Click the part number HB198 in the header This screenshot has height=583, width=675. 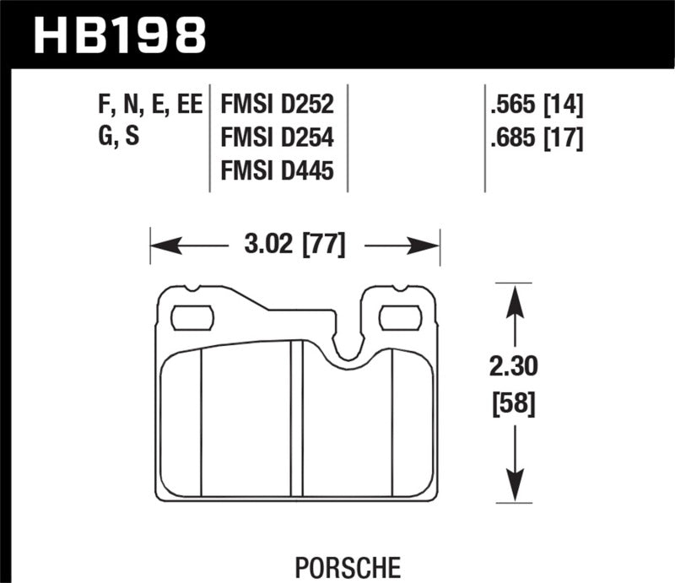click(118, 35)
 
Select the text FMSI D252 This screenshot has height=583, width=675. click(278, 105)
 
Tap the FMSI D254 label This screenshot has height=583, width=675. click(278, 138)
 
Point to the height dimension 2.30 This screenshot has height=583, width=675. click(511, 367)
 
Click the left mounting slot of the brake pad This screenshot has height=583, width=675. click(192, 318)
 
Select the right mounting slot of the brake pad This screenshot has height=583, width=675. click(401, 318)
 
